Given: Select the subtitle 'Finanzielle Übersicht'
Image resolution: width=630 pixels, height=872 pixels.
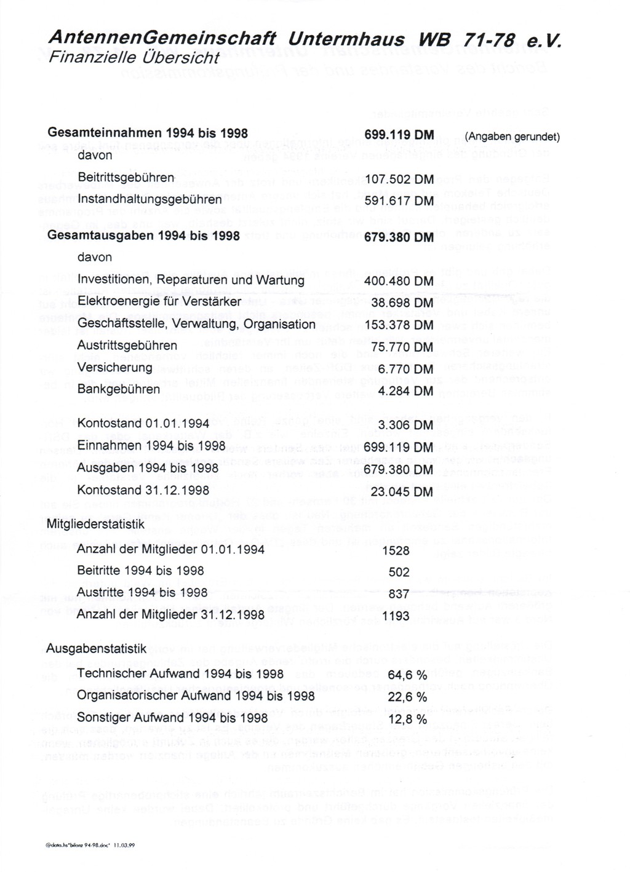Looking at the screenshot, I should (x=133, y=58).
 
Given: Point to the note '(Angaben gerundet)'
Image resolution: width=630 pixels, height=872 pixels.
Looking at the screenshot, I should (x=512, y=137).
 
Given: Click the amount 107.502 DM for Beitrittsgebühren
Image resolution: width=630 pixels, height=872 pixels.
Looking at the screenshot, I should (x=399, y=180).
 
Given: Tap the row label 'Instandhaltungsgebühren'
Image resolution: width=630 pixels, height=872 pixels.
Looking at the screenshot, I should (x=150, y=200).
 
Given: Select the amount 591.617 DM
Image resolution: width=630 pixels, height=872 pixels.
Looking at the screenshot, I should (x=399, y=201).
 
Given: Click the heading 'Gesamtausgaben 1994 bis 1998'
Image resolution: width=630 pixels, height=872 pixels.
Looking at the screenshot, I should (x=143, y=236).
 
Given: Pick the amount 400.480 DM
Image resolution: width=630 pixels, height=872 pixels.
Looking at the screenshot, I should (x=399, y=281).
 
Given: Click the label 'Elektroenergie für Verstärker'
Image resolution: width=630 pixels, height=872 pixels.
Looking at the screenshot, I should (x=159, y=302).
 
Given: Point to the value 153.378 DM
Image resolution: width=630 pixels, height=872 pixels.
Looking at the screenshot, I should (x=399, y=325).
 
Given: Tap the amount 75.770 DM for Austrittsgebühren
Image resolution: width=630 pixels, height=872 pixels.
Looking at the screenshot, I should (x=402, y=347).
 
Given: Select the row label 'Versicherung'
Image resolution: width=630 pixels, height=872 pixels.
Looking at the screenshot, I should (x=114, y=368).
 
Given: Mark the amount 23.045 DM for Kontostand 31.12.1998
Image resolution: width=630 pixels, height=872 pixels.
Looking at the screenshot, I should (x=402, y=492).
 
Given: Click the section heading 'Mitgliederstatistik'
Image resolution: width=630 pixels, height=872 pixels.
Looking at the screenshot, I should (x=95, y=525).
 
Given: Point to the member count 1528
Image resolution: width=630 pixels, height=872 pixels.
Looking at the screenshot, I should (x=396, y=551).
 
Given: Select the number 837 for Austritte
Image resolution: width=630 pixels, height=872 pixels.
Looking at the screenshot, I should (x=399, y=594).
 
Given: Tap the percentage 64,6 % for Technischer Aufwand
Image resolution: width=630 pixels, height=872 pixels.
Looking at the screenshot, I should (x=407, y=675).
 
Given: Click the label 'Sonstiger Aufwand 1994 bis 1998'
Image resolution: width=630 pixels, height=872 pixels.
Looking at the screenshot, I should (x=172, y=718).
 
